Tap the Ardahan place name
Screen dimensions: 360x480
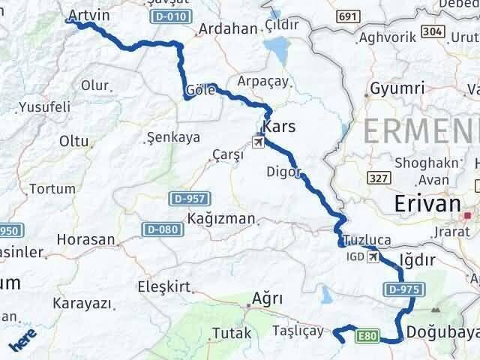(226, 30)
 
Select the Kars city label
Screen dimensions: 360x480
(280, 127)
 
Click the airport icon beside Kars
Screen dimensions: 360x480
(259, 141)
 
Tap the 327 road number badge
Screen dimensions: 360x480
(379, 178)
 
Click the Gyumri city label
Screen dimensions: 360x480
(393, 88)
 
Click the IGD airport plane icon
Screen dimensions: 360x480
(374, 257)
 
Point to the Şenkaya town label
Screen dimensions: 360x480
(172, 137)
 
